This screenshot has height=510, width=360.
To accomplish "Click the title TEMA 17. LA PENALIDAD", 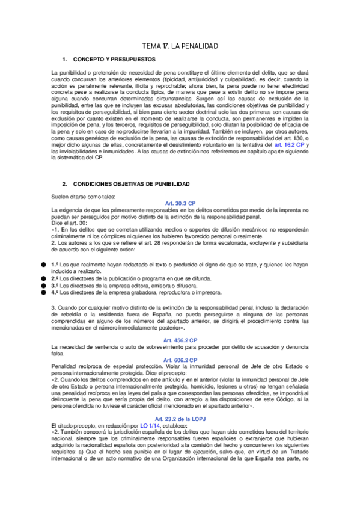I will coord(180,46).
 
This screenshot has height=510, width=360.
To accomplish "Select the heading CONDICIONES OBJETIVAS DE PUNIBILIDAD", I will coord(131,183).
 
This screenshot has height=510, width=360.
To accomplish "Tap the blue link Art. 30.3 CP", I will coord(180,203).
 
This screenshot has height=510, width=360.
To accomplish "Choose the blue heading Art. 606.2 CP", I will coord(180,360).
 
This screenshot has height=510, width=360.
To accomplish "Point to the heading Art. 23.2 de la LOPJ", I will coord(180,419).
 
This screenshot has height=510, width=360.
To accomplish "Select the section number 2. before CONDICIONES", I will coord(66,183).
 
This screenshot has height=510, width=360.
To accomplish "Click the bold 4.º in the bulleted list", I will coord(55,293).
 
